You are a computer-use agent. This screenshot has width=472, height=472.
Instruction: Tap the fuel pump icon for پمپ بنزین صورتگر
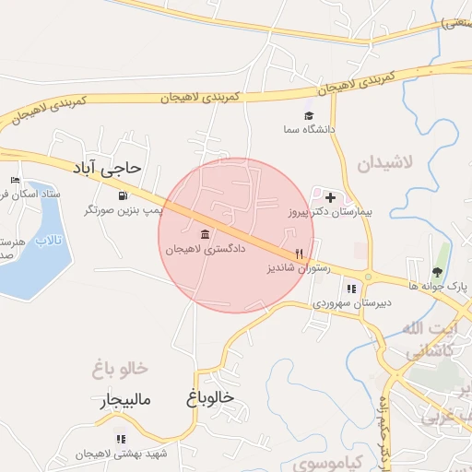(x=124, y=195)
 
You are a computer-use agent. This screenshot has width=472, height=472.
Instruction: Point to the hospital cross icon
(x=331, y=197)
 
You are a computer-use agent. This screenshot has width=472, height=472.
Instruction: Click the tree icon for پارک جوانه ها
(x=438, y=272)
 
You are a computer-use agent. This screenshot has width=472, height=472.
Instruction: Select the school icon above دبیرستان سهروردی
(x=350, y=289)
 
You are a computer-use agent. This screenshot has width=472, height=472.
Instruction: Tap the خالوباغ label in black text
(x=210, y=398)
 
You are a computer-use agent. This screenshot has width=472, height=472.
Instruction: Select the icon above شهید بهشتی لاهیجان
(x=120, y=439)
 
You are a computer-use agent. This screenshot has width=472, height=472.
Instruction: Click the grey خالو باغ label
(x=120, y=370)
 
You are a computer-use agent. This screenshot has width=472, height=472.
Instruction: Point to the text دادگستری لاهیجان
(x=205, y=249)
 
